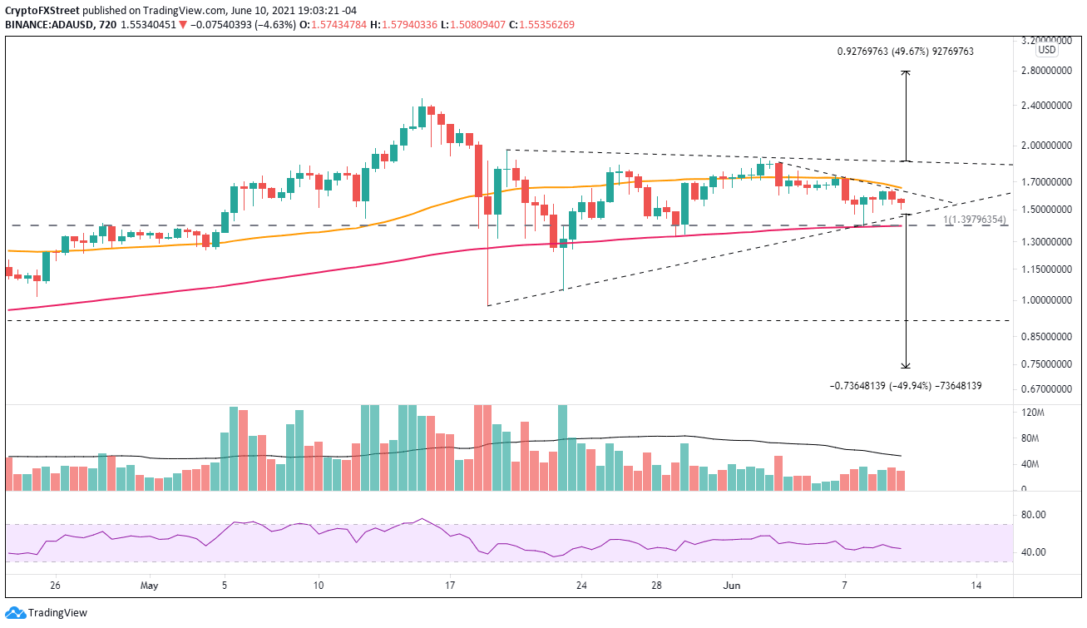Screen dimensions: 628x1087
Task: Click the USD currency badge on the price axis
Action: pos(1046,50)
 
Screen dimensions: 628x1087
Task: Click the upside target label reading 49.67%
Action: pos(905,52)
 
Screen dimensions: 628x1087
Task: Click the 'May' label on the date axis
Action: pos(150,586)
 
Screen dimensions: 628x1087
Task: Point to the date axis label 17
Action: pos(449,586)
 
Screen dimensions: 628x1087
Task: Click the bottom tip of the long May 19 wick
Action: pos(488,305)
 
